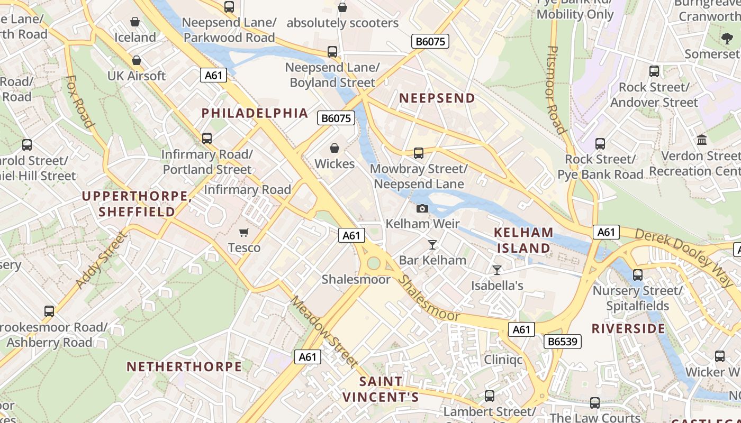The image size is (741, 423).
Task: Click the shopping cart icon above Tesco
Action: pyautogui.click(x=244, y=232)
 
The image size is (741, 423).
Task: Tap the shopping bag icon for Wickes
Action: pyautogui.click(x=335, y=148)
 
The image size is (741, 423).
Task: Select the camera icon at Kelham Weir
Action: pyautogui.click(x=422, y=208)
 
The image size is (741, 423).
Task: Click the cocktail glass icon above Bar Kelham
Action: pyautogui.click(x=432, y=244)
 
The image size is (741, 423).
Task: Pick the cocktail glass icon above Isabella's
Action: pyautogui.click(x=496, y=270)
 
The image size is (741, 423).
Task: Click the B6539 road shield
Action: pyautogui.click(x=562, y=342)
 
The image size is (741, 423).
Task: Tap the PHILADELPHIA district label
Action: pyautogui.click(x=255, y=113)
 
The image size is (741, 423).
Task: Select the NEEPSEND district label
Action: pyautogui.click(x=437, y=98)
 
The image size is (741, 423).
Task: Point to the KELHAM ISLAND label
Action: pyautogui.click(x=523, y=240)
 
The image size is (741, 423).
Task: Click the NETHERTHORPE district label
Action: pyautogui.click(x=184, y=366)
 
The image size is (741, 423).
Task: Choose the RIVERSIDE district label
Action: pyautogui.click(x=628, y=328)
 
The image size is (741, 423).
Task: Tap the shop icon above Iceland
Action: pyautogui.click(x=135, y=22)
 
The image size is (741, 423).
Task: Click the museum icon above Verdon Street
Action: pyautogui.click(x=702, y=140)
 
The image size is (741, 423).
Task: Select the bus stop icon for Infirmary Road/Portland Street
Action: pyautogui.click(x=207, y=139)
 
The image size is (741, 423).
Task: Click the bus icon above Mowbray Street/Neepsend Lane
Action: pyautogui.click(x=418, y=153)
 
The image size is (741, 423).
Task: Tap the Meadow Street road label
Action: pyautogui.click(x=324, y=332)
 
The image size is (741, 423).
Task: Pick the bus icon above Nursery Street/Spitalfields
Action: pyautogui.click(x=637, y=275)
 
